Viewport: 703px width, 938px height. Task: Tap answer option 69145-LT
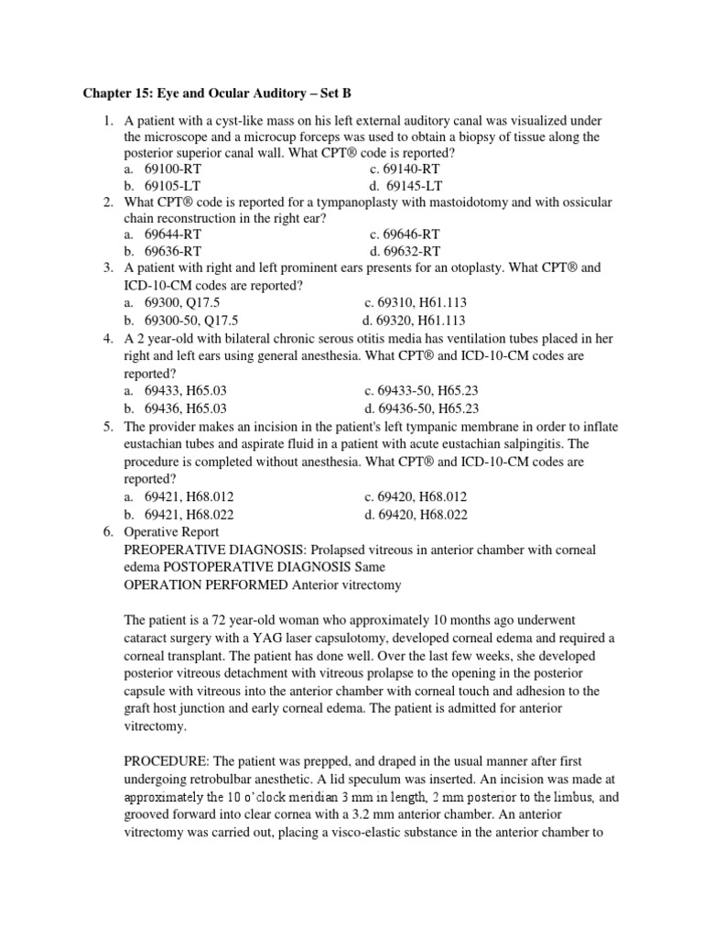click(405, 185)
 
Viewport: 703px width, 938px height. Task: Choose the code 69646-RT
click(405, 234)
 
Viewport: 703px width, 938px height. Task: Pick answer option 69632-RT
click(405, 250)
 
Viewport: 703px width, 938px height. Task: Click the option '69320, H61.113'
click(414, 321)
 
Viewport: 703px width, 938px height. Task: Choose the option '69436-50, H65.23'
click(421, 409)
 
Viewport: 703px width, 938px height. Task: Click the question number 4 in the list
click(107, 338)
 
